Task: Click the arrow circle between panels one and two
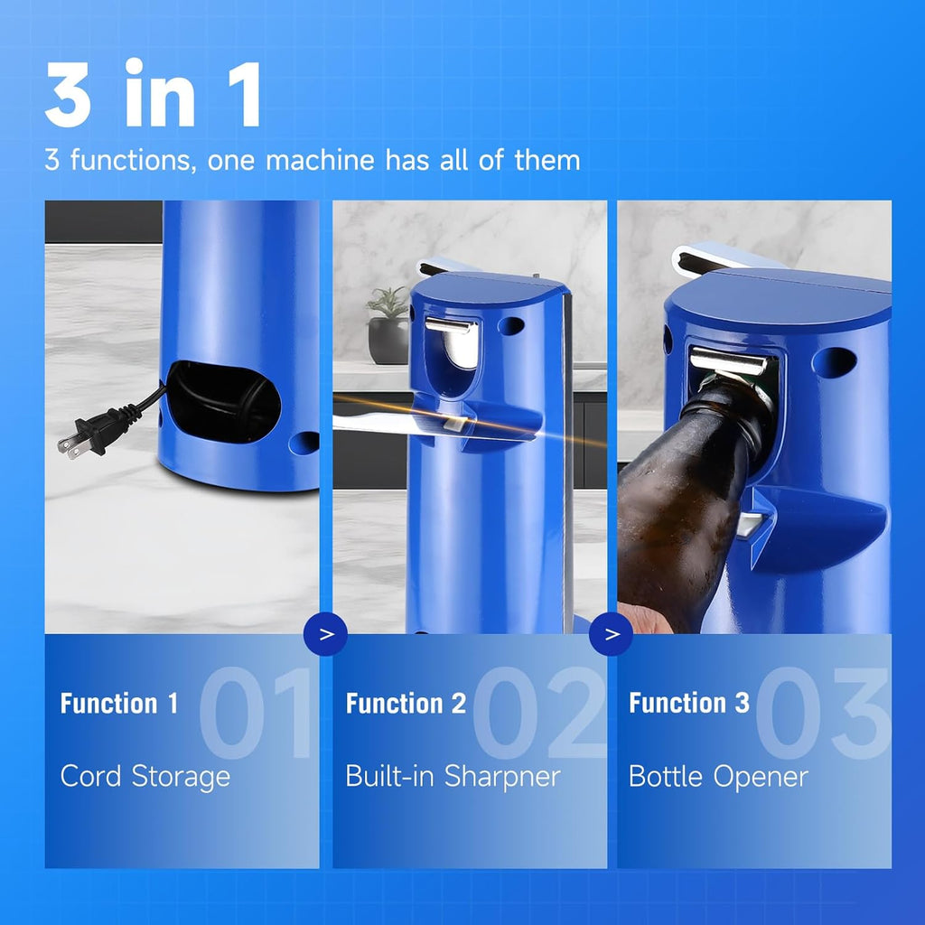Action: coord(326,633)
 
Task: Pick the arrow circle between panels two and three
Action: coord(612,633)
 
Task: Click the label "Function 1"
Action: coord(119,704)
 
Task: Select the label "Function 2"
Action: coord(406,704)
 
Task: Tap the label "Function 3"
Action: coord(689,704)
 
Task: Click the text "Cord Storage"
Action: coord(145,776)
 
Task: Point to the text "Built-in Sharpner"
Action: coord(453,776)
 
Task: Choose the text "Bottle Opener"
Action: coord(718,776)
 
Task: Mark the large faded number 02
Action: coord(539,713)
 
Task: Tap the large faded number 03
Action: coord(823,713)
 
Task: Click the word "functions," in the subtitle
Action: coord(135,161)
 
